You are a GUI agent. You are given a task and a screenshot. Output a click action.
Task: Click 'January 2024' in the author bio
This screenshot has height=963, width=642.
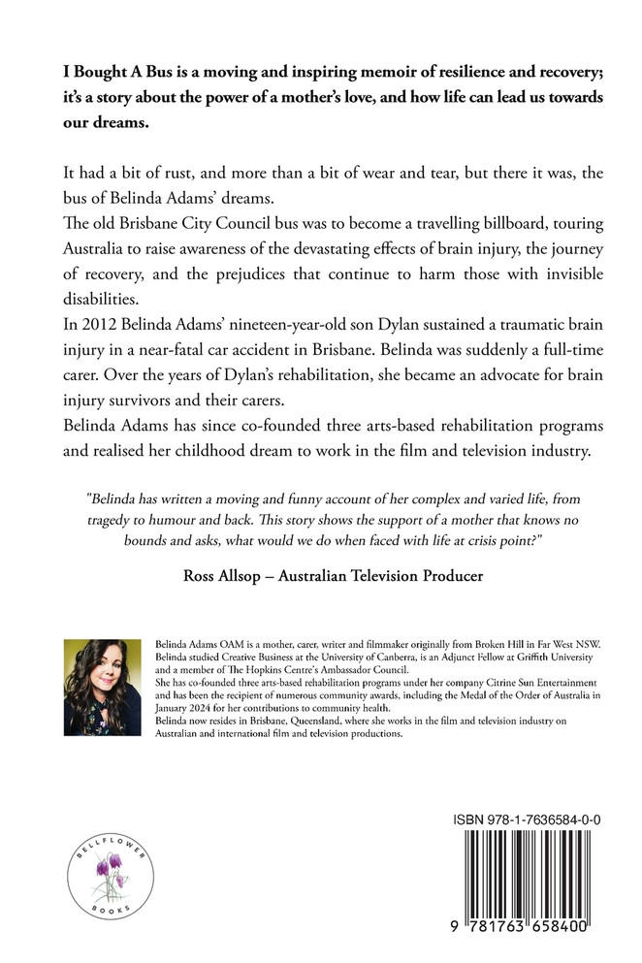pos(185,707)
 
